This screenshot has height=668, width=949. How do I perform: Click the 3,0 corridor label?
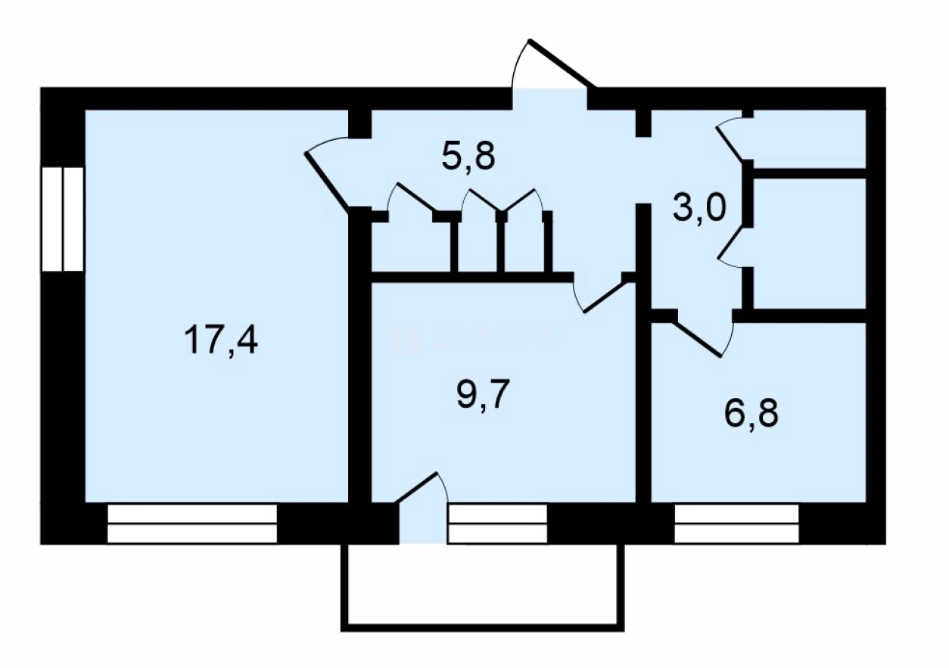click(700, 206)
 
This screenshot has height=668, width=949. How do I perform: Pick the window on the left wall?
click(62, 219)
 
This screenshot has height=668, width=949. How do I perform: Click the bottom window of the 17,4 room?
click(192, 524)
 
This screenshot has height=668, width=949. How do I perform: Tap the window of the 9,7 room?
click(497, 524)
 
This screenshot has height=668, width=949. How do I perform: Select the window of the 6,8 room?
click(736, 524)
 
